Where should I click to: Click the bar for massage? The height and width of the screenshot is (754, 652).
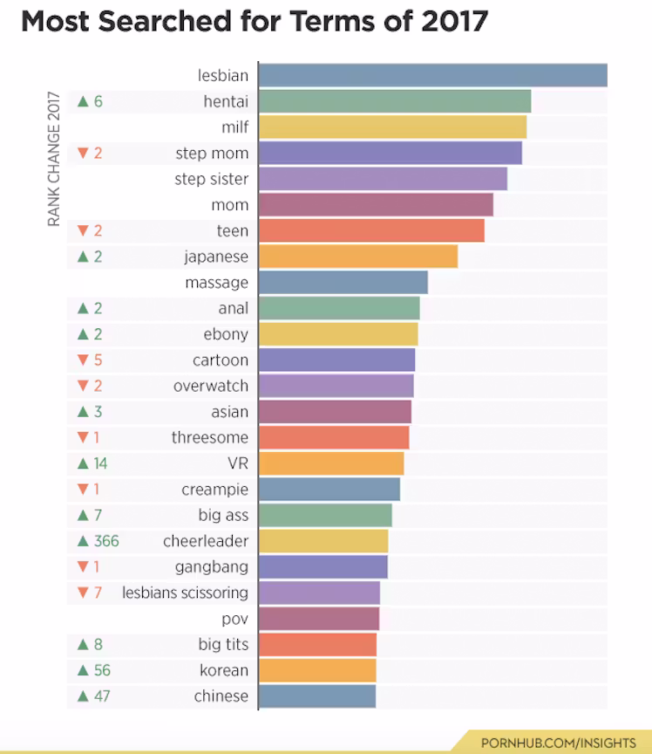[343, 283]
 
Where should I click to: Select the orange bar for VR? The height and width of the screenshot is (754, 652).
[331, 463]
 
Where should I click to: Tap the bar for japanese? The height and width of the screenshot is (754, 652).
[357, 257]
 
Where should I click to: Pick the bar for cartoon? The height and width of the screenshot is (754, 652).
[336, 360]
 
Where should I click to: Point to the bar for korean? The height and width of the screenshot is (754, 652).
[317, 670]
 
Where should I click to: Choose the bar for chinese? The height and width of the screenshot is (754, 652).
[317, 696]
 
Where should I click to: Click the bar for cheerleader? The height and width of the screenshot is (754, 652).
[323, 541]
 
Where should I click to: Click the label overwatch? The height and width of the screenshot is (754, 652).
[210, 386]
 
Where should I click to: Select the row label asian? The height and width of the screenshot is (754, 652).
[229, 412]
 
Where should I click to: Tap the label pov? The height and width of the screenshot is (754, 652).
[234, 619]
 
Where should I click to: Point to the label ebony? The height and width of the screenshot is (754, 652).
[226, 334]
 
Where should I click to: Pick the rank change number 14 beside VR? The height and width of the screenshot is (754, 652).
[100, 463]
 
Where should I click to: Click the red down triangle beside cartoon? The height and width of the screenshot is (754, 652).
[83, 360]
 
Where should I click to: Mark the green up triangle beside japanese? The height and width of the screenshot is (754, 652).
[83, 257]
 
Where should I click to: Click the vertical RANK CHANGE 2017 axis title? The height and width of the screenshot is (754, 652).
[54, 159]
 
